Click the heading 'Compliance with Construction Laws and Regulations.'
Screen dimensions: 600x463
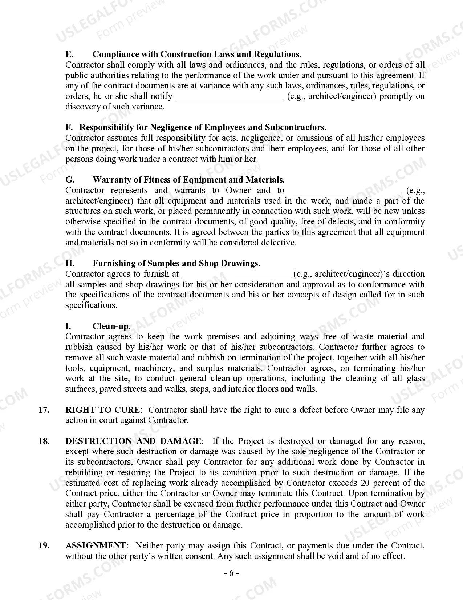coord(197,55)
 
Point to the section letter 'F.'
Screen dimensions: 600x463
coord(69,128)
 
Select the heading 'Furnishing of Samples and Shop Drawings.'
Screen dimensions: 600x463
coord(176,264)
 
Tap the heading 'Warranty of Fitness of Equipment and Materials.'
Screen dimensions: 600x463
coord(188,180)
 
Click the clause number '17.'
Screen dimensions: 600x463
coord(44,410)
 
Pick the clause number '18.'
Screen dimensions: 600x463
coord(44,441)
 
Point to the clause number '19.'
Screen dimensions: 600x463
coord(44,545)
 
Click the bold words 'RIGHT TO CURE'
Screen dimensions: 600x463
coord(102,410)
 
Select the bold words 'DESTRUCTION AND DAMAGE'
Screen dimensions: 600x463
coord(133,441)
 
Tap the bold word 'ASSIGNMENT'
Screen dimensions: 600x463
coord(96,545)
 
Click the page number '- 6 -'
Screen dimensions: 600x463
coord(231,573)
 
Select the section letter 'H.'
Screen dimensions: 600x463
coord(70,264)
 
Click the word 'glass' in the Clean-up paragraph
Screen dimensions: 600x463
coord(415,379)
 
